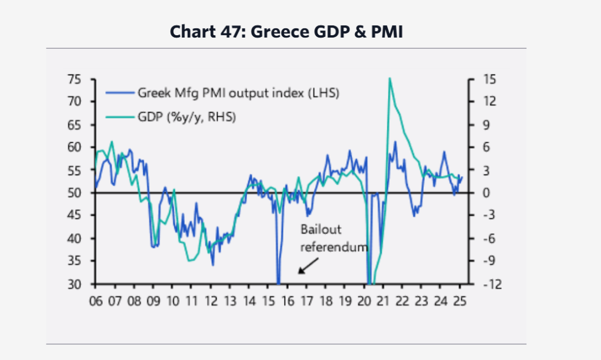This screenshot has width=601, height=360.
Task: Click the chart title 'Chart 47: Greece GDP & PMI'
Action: pos(286,32)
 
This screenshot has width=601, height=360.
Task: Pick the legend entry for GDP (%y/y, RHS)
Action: pos(186,117)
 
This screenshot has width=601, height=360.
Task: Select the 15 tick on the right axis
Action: pos(490,79)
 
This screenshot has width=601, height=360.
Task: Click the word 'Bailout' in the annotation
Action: pos(320,230)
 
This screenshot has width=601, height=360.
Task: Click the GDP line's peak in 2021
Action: pos(389,78)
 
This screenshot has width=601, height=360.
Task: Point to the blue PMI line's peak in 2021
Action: pos(395,142)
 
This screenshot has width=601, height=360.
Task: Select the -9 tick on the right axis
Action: pos(490,261)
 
